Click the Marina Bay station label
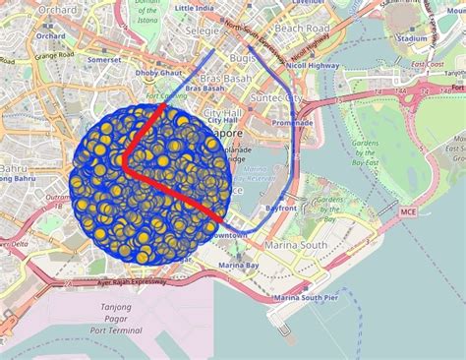[x=238, y=266]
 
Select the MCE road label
[x=409, y=211]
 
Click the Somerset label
[x=104, y=59]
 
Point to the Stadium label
[x=413, y=39]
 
